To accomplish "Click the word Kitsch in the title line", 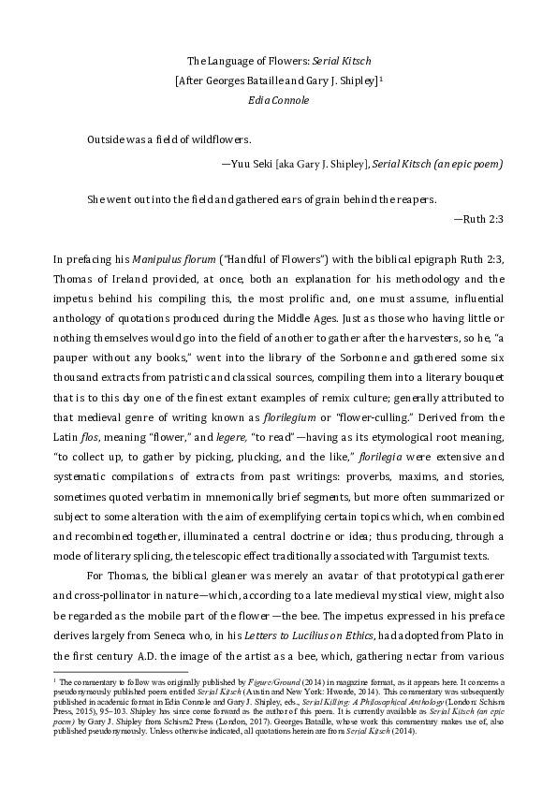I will (357, 60).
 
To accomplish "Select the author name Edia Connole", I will (278, 98).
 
